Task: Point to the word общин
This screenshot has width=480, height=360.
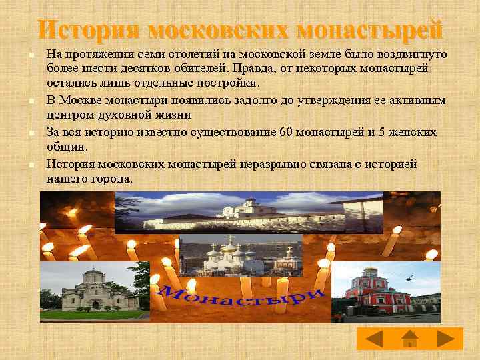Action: click(x=65, y=147)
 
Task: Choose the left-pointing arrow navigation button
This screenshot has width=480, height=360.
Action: click(x=375, y=339)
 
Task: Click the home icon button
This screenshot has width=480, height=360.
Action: click(x=410, y=339)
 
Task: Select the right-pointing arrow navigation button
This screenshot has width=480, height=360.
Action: click(x=445, y=339)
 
